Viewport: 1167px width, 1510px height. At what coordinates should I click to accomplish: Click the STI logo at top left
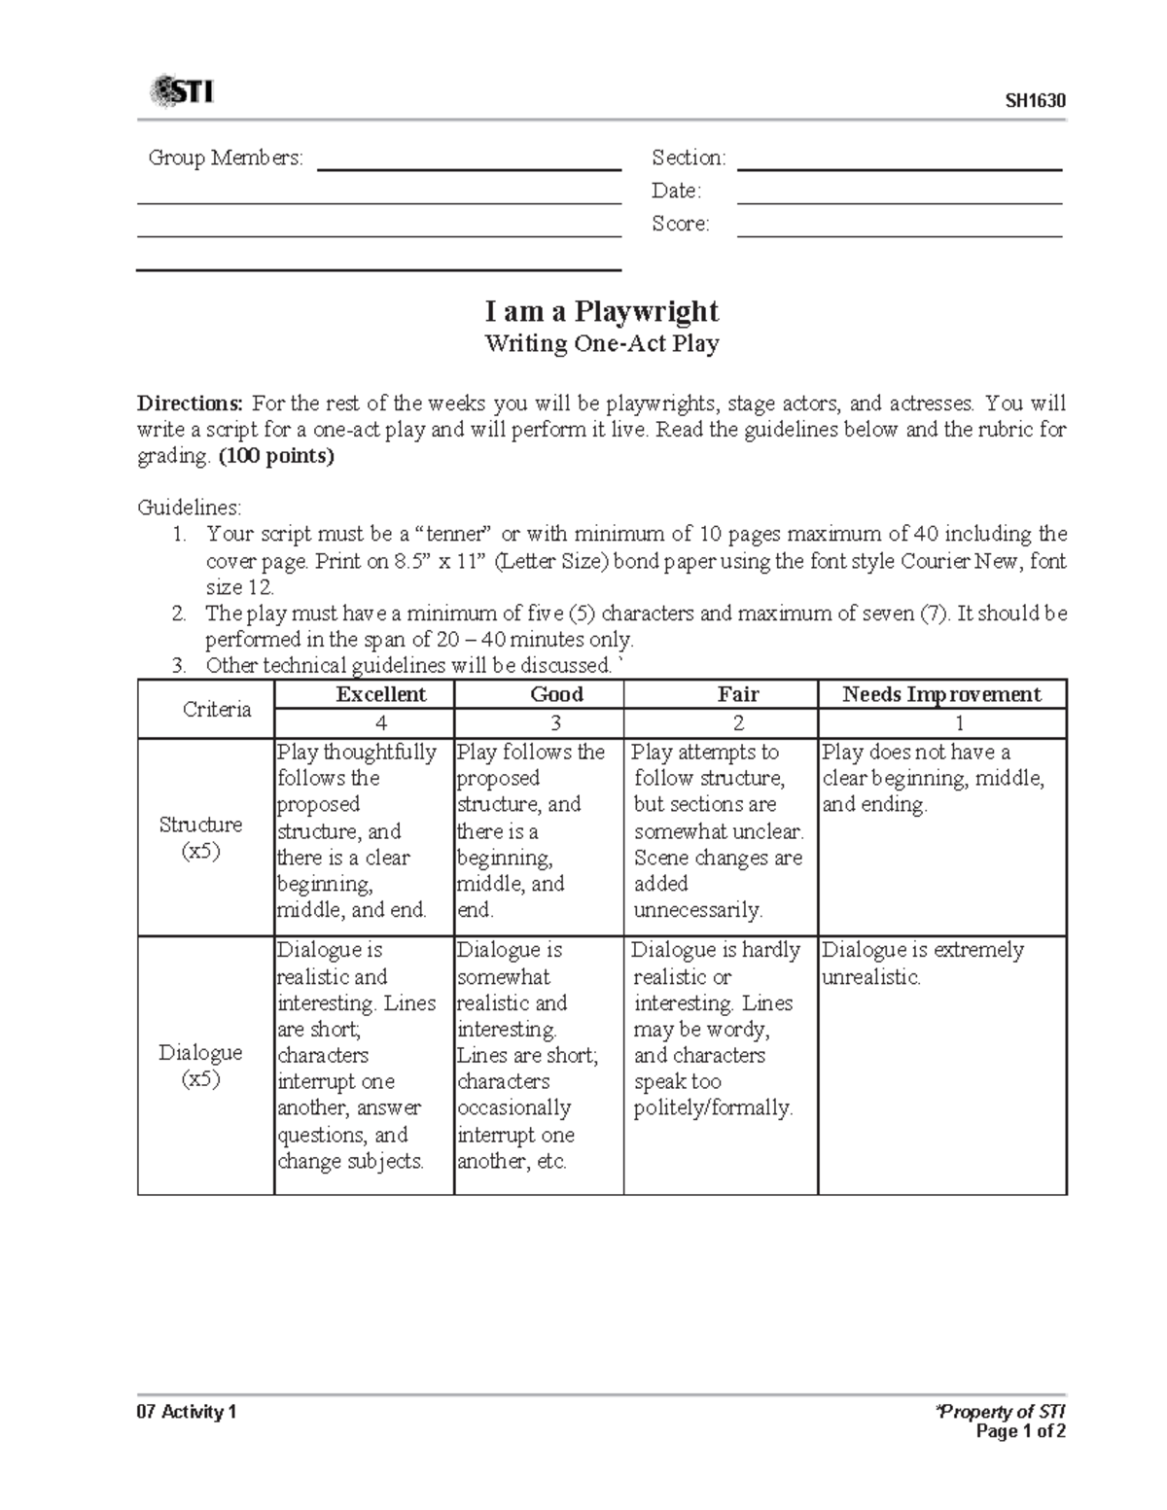[181, 92]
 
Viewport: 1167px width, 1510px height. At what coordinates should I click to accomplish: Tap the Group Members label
[226, 158]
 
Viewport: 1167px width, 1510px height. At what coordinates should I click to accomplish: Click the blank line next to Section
[899, 168]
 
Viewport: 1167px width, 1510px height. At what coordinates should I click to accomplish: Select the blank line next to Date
[899, 201]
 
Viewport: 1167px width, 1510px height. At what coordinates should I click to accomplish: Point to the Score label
[681, 224]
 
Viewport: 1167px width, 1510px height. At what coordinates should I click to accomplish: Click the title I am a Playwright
[602, 311]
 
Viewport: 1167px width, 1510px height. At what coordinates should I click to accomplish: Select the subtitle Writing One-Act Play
[602, 343]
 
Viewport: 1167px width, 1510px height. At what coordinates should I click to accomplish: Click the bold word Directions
[191, 404]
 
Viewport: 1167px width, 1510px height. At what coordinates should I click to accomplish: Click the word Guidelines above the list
[189, 508]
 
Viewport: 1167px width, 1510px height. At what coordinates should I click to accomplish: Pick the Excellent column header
[380, 694]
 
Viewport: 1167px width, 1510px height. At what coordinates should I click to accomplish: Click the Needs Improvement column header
[941, 694]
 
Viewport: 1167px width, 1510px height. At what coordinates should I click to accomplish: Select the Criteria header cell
[217, 709]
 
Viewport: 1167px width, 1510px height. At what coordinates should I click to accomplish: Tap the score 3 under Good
[556, 723]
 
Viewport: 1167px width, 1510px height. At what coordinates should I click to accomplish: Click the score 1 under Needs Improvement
[959, 723]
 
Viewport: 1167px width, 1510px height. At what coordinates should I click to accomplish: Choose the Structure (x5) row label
[201, 837]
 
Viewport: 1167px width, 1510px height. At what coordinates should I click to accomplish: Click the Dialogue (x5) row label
[201, 1066]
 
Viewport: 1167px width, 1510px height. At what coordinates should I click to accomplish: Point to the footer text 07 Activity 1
[187, 1412]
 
